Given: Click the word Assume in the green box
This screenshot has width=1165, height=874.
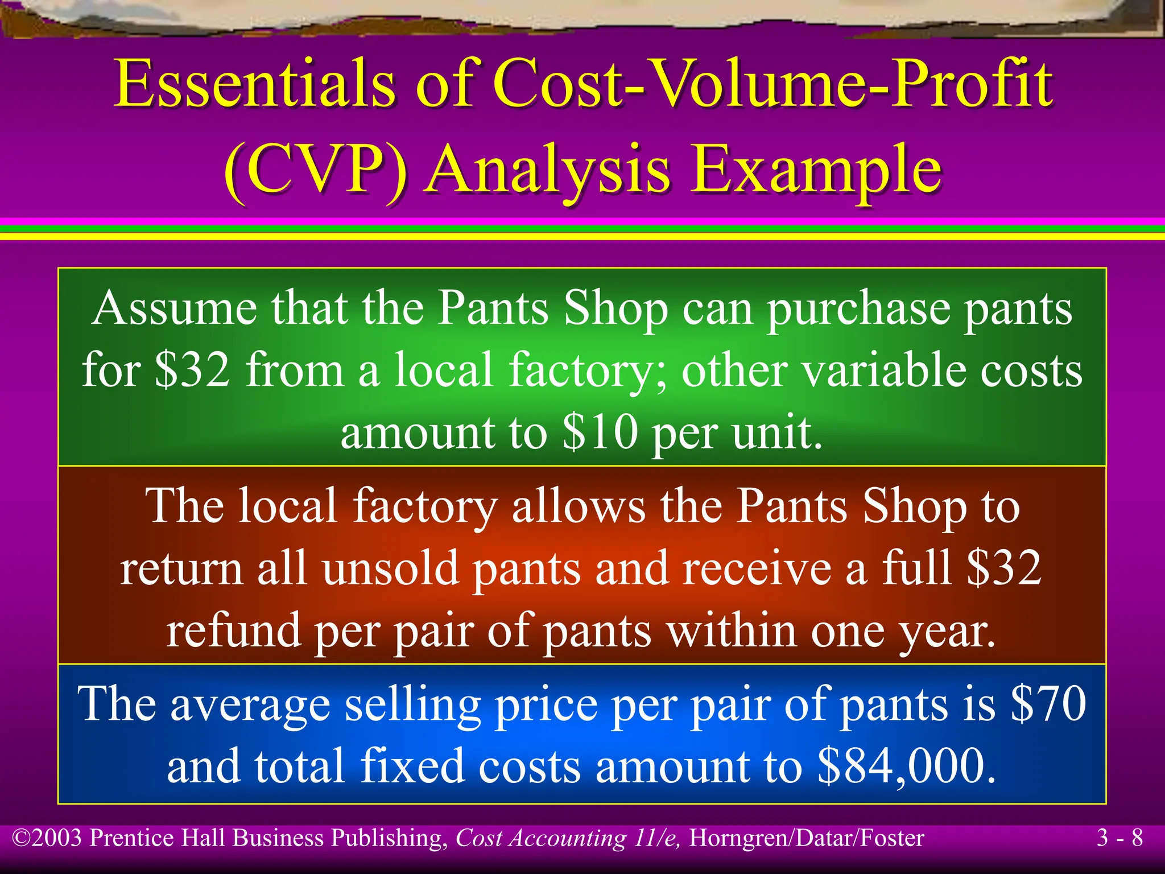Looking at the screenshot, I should [x=174, y=308].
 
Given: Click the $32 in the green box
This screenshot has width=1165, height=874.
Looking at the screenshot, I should [x=192, y=370].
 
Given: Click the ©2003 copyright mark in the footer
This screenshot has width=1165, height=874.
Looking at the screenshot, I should [x=48, y=838].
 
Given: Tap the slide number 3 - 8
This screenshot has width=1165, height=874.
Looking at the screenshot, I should [x=1119, y=838].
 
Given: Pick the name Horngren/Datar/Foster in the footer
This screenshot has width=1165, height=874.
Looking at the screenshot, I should [x=806, y=838].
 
